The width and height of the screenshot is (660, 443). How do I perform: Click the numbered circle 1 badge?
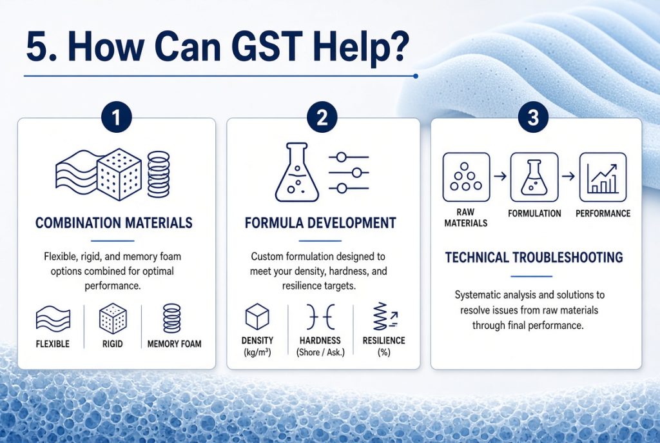[116, 117]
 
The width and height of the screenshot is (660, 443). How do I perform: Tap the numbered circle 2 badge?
[322, 117]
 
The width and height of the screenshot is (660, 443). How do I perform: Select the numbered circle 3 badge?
[533, 117]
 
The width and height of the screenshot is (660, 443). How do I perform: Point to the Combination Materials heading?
[113, 222]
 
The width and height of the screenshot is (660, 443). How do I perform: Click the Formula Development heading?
[320, 222]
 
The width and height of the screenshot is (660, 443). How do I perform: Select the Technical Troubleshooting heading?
[534, 257]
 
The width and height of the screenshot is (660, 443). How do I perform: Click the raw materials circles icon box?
[466, 177]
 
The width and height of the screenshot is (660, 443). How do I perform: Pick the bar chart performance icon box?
[603, 177]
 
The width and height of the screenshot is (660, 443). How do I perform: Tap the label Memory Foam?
[174, 344]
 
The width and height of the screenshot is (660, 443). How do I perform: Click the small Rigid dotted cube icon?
[113, 319]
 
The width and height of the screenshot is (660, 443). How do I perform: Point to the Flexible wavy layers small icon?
[53, 318]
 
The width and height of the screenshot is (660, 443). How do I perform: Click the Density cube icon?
[257, 317]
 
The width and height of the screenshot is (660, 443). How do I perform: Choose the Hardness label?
[320, 340]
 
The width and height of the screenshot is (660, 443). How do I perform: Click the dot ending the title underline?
[416, 76]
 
